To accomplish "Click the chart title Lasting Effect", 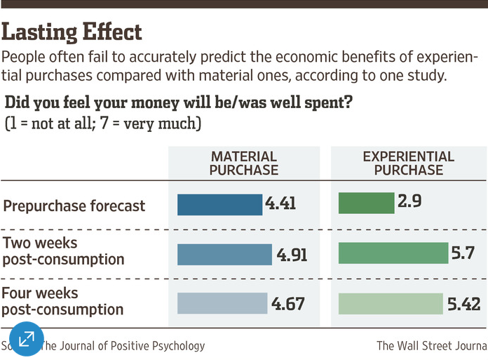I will [73, 32].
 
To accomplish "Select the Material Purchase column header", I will [244, 163].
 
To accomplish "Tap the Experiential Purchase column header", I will [408, 163].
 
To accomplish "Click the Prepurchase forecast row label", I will [74, 206].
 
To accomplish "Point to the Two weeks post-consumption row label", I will [64, 251].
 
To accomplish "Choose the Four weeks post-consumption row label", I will [63, 301].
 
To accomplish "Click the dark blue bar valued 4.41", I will [219, 204].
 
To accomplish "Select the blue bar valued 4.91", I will [224, 254].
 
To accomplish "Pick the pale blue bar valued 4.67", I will [222, 303].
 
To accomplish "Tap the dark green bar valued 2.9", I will [366, 203].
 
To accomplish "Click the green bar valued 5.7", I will [393, 253].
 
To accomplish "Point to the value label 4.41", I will [280, 204].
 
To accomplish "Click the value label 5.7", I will [465, 253].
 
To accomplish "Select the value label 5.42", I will [463, 303].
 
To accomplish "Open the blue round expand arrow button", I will [26, 340].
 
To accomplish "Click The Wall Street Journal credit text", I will [431, 345].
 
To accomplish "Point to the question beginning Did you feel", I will [178, 104].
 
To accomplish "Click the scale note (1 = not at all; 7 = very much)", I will [103, 124].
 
